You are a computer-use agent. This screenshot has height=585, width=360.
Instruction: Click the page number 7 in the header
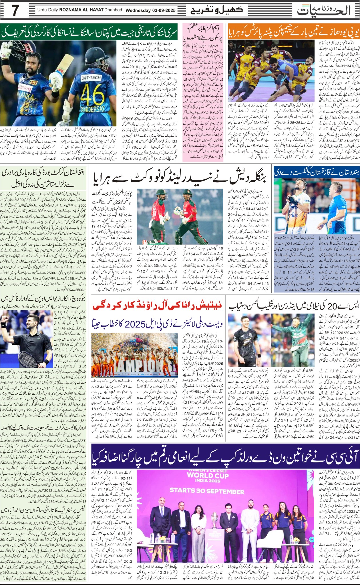pyautogui.click(x=15, y=11)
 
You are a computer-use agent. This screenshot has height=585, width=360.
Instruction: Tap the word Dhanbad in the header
pyautogui.click(x=112, y=10)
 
